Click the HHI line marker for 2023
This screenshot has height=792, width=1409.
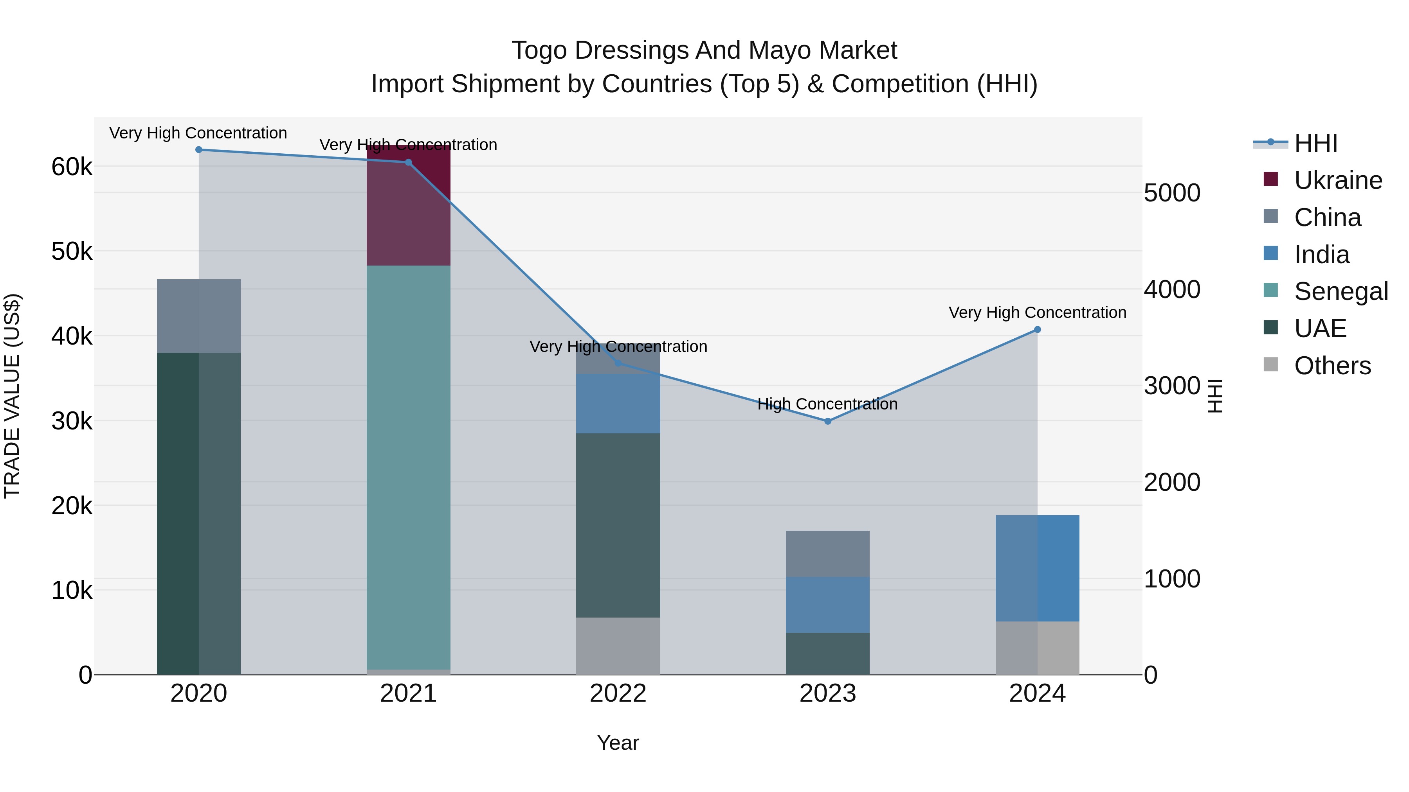tap(827, 421)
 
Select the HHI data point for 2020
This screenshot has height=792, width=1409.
tap(198, 150)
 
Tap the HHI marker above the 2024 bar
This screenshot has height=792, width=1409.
tap(1037, 330)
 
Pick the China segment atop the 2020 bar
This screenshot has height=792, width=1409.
tap(198, 316)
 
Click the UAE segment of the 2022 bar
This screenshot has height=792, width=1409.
tap(618, 525)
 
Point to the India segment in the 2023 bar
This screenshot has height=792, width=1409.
tap(827, 605)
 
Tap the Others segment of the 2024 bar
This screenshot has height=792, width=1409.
tap(1037, 648)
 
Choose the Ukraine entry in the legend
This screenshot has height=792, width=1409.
tap(1338, 180)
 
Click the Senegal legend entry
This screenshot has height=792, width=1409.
tap(1341, 291)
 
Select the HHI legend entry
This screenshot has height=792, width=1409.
tap(1315, 143)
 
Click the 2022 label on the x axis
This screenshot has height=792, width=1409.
tap(618, 693)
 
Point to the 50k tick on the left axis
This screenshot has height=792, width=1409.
tap(72, 251)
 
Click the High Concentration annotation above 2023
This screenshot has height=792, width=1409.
tap(827, 404)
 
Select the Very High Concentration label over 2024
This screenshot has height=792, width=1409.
tap(1037, 312)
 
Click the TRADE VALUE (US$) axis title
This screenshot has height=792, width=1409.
tap(12, 396)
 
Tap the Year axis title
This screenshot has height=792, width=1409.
tap(618, 743)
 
